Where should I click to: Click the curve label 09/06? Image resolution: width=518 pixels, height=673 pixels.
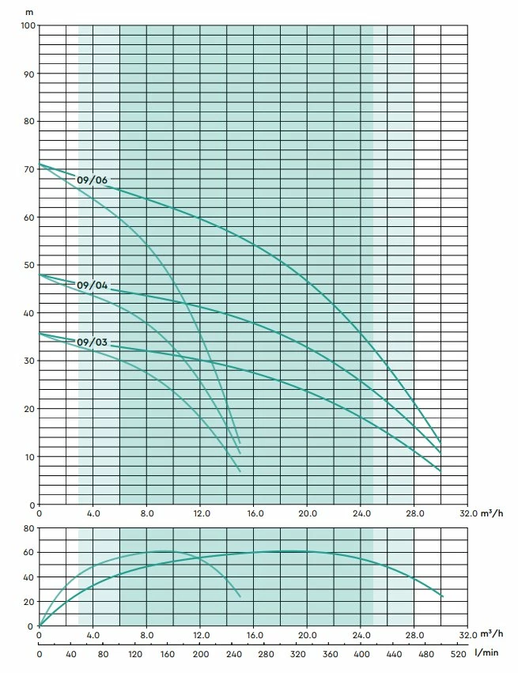pyautogui.click(x=92, y=180)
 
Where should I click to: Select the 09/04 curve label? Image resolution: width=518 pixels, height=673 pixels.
pyautogui.click(x=92, y=285)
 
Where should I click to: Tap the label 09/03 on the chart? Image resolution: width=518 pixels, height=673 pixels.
pyautogui.click(x=92, y=342)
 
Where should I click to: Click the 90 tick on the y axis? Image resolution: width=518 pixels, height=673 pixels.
pyautogui.click(x=28, y=74)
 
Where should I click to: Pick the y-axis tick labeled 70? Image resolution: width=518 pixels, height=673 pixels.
pyautogui.click(x=28, y=169)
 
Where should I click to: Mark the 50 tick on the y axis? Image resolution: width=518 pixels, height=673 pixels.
pyautogui.click(x=28, y=265)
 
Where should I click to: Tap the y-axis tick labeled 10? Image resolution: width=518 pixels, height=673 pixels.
pyautogui.click(x=28, y=457)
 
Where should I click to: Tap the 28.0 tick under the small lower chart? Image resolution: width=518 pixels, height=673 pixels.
pyautogui.click(x=414, y=635)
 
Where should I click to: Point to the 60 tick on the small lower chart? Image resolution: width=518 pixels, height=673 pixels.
pyautogui.click(x=28, y=552)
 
